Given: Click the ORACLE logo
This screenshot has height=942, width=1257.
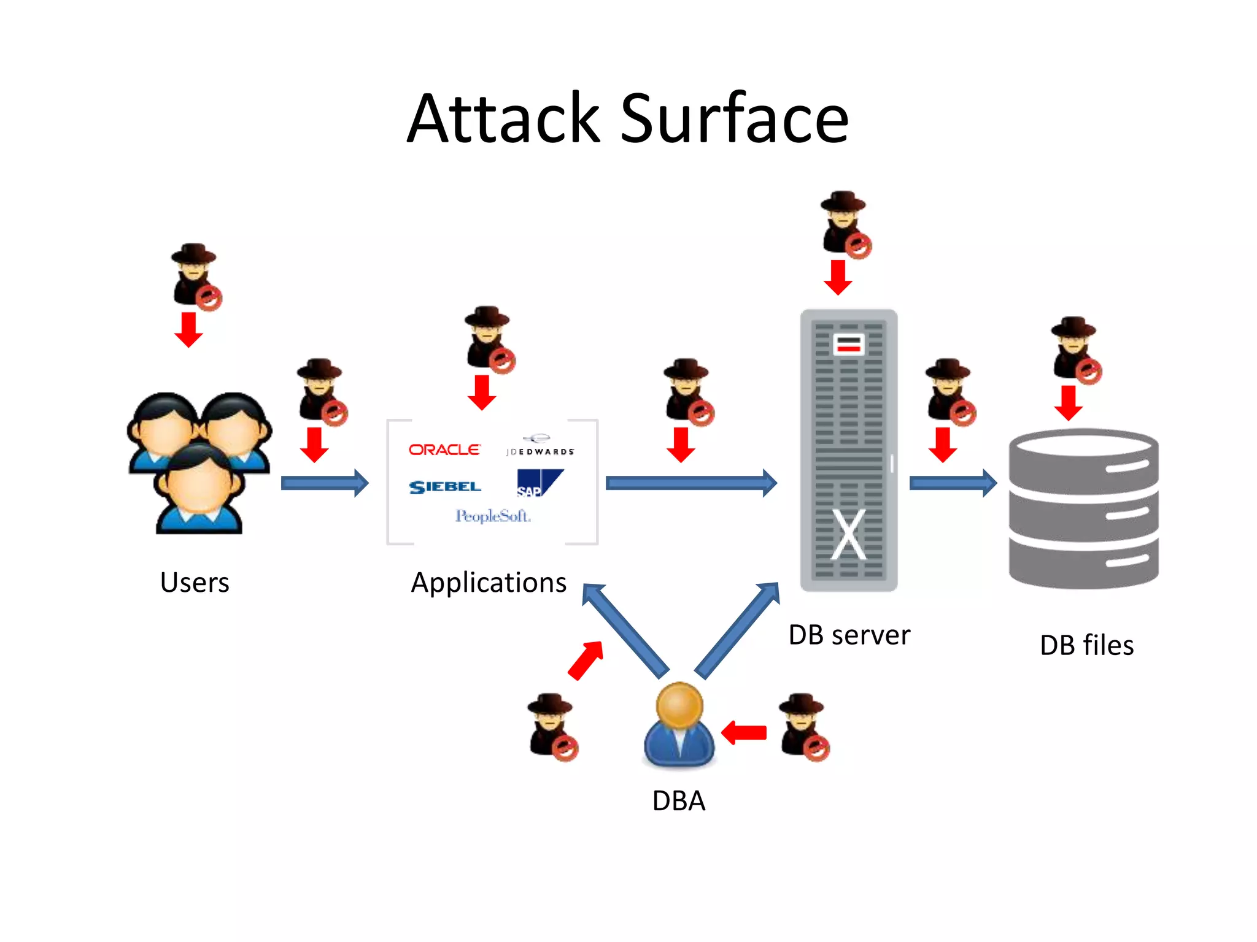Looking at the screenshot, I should coord(444,450).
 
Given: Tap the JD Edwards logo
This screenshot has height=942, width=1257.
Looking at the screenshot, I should coord(540,446).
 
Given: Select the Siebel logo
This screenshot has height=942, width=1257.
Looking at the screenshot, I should coord(445,487).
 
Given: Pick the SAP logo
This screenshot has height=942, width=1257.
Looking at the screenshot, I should coord(538,483).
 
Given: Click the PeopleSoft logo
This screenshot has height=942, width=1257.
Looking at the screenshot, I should coord(492,516).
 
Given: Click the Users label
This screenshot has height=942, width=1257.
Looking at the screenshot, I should coord(195,583).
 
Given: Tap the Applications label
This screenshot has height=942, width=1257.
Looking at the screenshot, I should coord(489,583).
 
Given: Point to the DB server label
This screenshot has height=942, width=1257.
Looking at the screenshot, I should coord(849,635).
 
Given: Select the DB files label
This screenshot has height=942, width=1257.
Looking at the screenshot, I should coord(1086,646).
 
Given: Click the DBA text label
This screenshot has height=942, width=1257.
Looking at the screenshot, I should coord(679,801).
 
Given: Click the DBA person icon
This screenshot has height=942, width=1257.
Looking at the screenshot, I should coord(679,725).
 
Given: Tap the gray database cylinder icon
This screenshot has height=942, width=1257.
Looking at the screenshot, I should coord(1083,509).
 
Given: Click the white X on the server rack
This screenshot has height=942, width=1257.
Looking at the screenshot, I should coord(848,534).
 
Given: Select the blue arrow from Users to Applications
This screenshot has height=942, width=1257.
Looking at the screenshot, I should coord(325,483).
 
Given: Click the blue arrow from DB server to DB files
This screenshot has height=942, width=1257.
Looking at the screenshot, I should coord(953,483).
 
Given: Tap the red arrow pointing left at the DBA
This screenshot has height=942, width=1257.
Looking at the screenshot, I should coord(744,732).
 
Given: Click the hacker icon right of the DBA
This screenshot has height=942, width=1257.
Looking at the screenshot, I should coord(803,726).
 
